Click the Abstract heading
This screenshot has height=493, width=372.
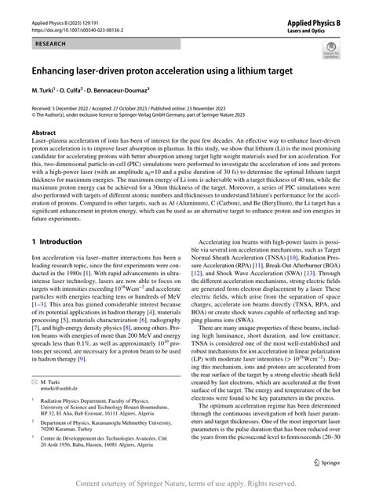(x=43, y=133)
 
